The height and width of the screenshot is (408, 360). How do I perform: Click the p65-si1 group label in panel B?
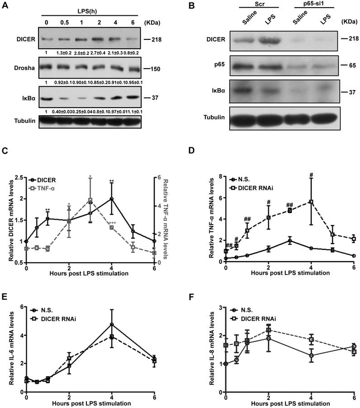[x=298, y=5]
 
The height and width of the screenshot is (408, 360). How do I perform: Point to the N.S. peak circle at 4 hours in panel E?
[x=111, y=324]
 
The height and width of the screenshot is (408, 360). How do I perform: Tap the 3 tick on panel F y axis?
[x=220, y=307]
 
